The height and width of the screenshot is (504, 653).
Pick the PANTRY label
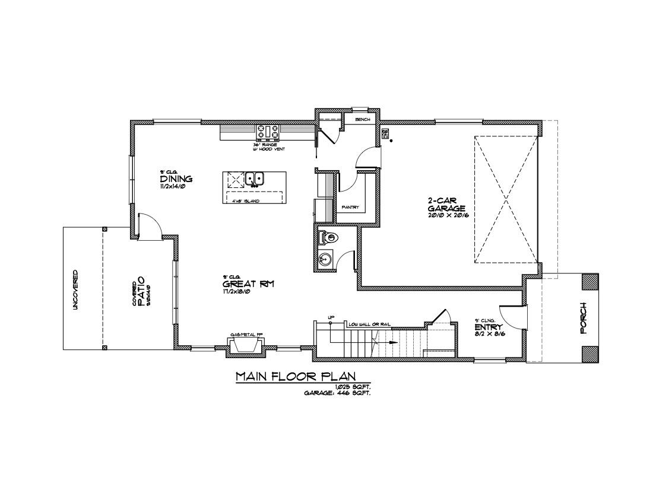(x=350, y=207)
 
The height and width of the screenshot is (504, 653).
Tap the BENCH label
(x=362, y=120)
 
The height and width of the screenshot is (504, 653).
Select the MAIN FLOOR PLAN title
(x=295, y=377)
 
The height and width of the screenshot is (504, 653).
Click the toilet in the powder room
(x=328, y=238)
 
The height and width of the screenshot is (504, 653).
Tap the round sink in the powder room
(x=325, y=259)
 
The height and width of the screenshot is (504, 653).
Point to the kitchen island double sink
(x=256, y=178)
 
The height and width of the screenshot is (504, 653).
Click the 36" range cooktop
(x=268, y=132)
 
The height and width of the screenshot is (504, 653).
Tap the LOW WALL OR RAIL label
(x=369, y=324)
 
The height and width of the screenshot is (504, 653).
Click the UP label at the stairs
(x=331, y=318)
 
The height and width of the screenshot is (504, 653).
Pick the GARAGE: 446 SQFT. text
(x=337, y=393)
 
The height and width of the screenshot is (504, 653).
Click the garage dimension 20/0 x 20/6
(x=446, y=215)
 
